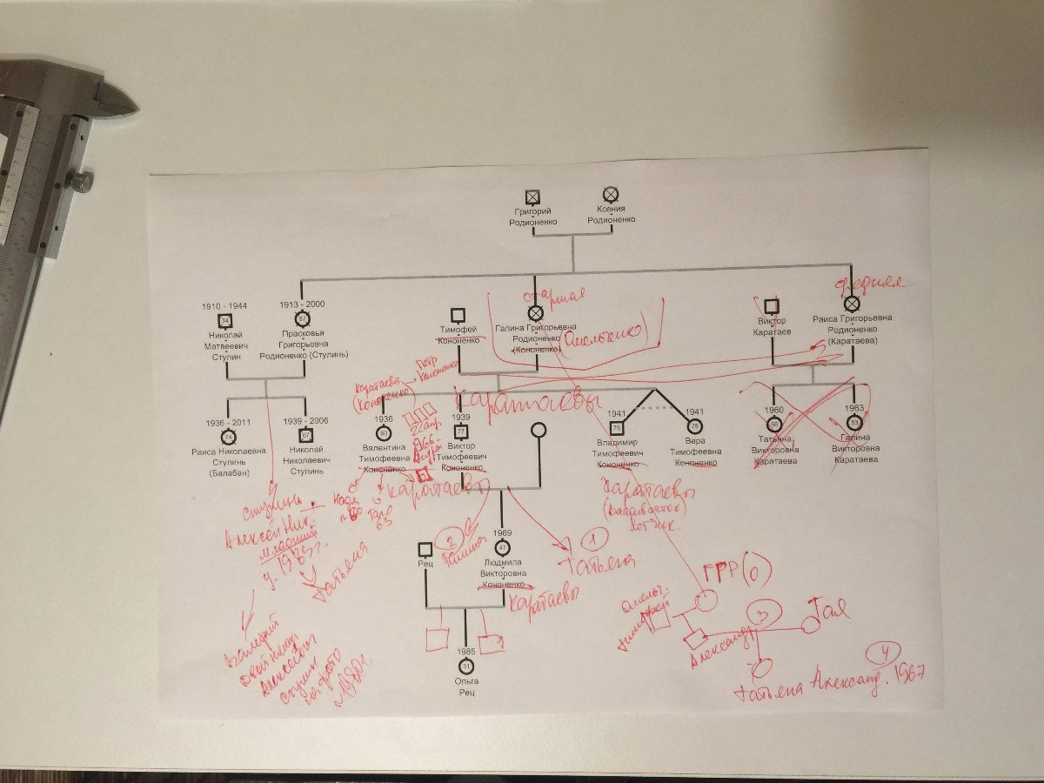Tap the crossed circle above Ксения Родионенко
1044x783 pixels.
tap(610, 195)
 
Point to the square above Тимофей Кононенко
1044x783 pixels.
tap(457, 314)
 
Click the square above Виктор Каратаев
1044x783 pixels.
tap(771, 305)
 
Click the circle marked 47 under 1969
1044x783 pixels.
tap(501, 548)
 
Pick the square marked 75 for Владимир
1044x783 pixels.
tap(617, 428)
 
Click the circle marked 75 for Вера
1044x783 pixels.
tap(694, 427)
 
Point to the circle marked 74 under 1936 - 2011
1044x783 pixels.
tap(228, 437)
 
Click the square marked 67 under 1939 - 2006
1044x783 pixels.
tap(305, 435)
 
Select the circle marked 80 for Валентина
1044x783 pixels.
tap(383, 432)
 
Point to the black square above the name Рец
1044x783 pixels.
tap(425, 549)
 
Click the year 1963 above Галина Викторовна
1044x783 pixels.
tap(853, 409)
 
